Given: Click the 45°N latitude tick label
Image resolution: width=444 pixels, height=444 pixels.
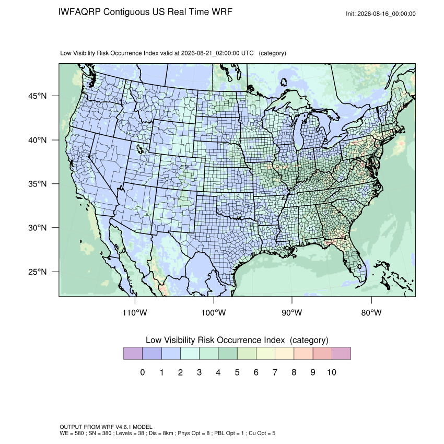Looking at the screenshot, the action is point(38,96).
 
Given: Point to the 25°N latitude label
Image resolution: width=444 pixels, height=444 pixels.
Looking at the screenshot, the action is point(38,272).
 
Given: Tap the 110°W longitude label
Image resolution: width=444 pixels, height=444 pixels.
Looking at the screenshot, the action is point(135,312).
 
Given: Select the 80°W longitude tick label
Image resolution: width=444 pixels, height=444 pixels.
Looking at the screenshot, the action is point(371,312).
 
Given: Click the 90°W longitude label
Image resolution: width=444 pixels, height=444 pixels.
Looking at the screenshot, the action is point(291,312).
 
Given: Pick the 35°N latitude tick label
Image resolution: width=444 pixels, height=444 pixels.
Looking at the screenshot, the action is point(38,184).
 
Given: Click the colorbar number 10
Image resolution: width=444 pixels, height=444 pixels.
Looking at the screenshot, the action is point(332,372).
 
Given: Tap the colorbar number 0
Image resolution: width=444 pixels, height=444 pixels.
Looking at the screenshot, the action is point(143,372).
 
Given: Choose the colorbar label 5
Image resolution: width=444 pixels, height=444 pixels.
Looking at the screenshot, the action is point(237,372).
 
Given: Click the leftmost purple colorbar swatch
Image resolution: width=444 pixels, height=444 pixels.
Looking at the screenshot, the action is point(133,354).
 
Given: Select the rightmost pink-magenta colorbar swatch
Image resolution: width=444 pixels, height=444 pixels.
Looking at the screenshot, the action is point(341,354).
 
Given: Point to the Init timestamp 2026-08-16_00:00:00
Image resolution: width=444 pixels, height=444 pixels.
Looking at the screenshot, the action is point(386,14).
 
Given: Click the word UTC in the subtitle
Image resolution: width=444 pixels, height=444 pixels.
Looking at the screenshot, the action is point(248,53).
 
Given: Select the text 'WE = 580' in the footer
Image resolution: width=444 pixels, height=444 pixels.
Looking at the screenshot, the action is point(72,433).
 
